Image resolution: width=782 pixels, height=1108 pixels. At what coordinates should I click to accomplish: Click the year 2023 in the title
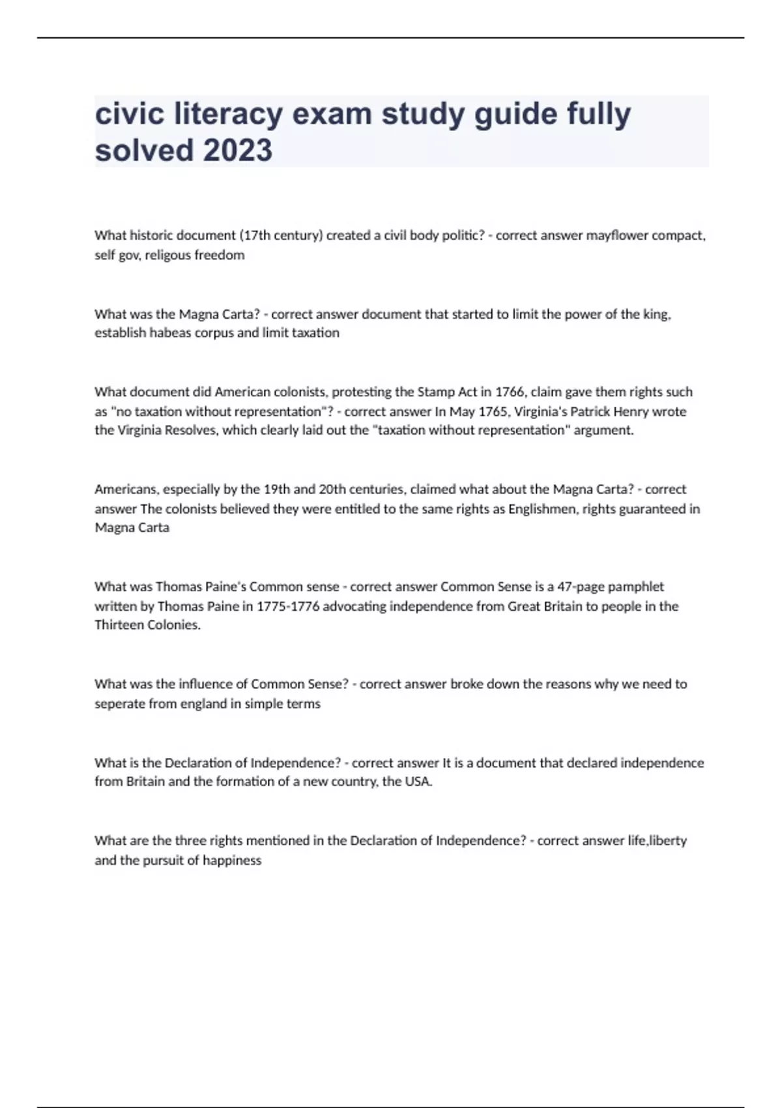coord(238,151)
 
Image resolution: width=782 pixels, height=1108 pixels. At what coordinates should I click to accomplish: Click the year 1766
coord(510,392)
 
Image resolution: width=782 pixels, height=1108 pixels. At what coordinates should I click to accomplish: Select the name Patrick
coord(591,411)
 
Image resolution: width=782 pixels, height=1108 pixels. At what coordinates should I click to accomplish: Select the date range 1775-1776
coord(287,606)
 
